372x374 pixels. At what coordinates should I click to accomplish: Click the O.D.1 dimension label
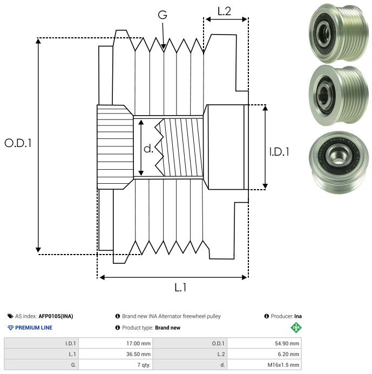click(x=18, y=143)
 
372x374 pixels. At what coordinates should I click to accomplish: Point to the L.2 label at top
click(x=224, y=11)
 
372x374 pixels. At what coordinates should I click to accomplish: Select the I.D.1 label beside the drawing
click(x=279, y=152)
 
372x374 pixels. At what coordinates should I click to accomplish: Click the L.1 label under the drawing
click(x=180, y=288)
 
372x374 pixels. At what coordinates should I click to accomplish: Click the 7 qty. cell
click(x=143, y=365)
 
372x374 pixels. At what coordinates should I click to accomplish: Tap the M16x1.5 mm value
click(x=285, y=365)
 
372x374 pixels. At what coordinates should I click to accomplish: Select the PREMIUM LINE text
click(x=33, y=328)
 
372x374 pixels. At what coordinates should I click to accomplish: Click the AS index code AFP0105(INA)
click(x=56, y=316)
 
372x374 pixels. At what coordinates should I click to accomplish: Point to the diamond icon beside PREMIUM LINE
click(x=10, y=328)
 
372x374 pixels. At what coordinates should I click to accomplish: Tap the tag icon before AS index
click(x=10, y=316)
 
